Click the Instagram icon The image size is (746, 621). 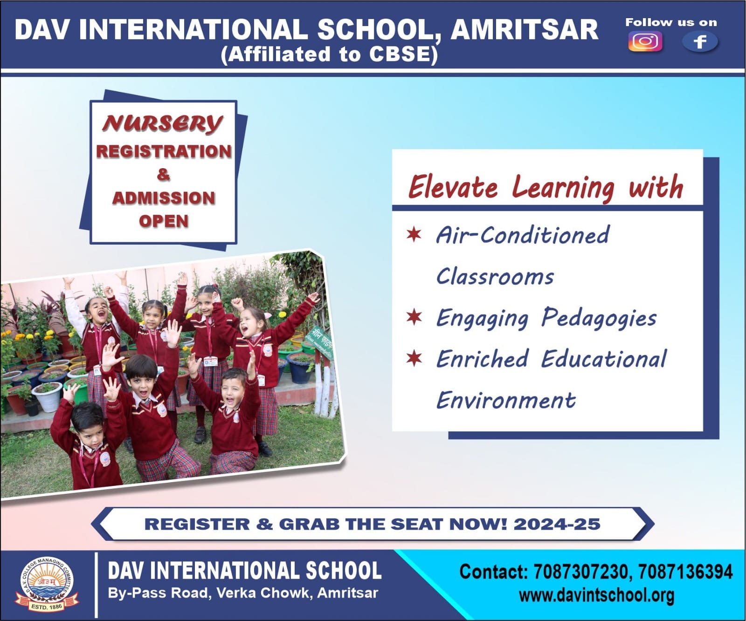[645, 41]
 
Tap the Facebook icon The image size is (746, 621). [700, 42]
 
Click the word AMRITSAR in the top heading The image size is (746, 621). [525, 29]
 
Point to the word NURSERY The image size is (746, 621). [163, 123]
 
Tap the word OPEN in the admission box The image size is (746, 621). [164, 221]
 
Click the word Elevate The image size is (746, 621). [453, 187]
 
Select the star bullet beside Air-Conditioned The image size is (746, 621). [414, 234]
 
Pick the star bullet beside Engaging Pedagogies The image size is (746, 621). [414, 317]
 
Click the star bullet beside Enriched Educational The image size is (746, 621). [414, 358]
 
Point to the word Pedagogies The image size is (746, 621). [599, 319]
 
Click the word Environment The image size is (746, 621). [506, 400]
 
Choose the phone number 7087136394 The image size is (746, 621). [685, 572]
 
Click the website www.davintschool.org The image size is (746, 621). [596, 595]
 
